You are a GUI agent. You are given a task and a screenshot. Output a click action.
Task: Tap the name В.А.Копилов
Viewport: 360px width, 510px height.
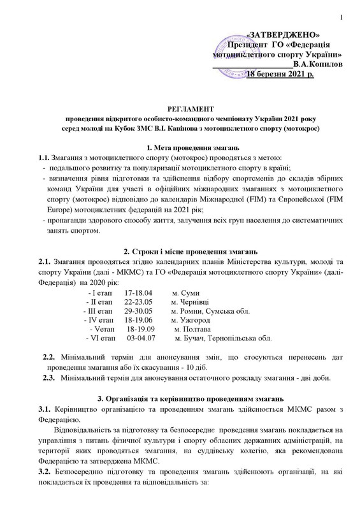tap(315, 64)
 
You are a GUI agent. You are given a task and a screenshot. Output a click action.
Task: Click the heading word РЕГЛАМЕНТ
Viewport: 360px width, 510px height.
tap(180, 109)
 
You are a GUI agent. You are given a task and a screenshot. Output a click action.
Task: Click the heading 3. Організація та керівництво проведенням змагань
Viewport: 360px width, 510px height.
tap(180, 398)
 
